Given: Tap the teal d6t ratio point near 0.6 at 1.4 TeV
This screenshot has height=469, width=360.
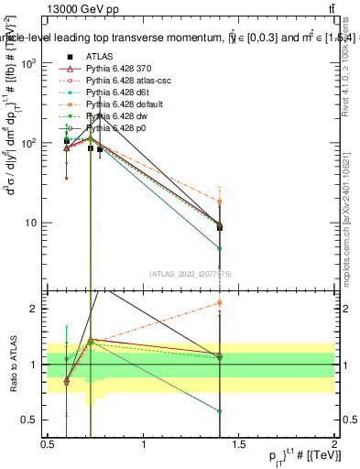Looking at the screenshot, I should pyautogui.click(x=220, y=411).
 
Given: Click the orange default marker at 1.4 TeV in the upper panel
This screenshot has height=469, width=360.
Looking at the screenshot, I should pyautogui.click(x=220, y=202).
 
